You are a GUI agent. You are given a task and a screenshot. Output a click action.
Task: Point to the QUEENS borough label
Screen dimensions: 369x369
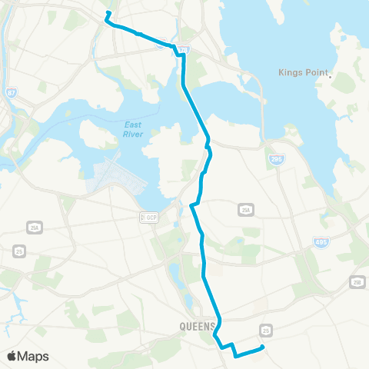[x=197, y=326]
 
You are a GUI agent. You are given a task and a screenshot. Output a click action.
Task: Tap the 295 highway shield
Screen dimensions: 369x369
[x=277, y=160]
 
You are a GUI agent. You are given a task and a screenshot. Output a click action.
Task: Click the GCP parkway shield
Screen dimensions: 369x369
[x=147, y=217]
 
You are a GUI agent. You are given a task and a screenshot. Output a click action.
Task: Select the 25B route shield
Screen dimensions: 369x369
[x=357, y=281]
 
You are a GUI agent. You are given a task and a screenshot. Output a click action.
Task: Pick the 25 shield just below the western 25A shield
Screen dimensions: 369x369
[x=19, y=251]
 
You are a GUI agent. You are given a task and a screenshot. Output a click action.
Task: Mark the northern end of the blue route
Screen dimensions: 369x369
[x=107, y=13]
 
